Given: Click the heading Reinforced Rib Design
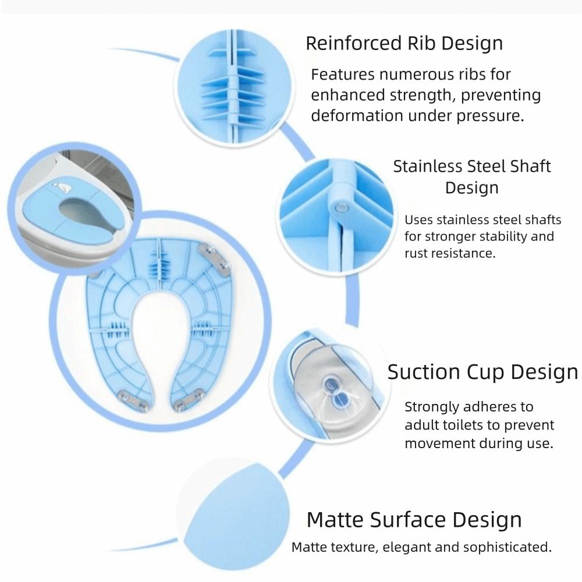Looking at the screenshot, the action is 404,44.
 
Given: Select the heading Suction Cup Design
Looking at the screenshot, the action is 482,372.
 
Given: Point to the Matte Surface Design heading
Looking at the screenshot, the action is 414,519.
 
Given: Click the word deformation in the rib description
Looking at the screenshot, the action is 357,115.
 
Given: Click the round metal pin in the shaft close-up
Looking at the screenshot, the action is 339,207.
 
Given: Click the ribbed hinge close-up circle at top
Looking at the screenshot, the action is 235,87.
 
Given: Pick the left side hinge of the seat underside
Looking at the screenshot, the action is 119,330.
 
